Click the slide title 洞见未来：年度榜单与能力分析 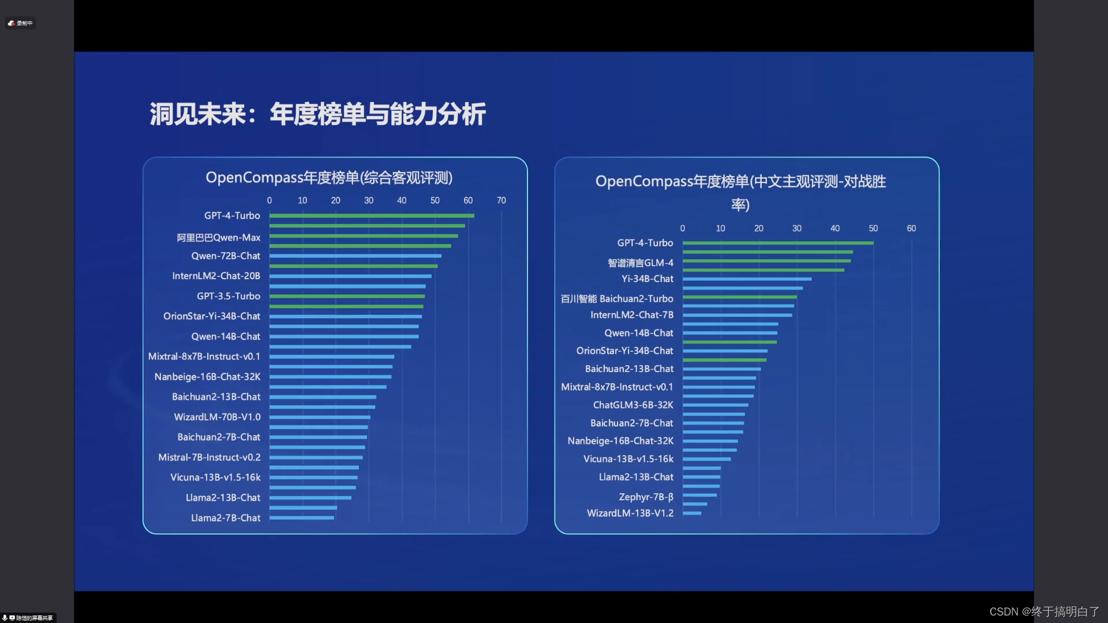tap(318, 114)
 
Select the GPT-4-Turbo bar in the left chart tap(372, 216)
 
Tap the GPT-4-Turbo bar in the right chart tap(778, 243)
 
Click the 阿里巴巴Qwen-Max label tap(219, 238)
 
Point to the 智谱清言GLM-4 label tap(641, 263)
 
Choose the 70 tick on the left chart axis tap(501, 200)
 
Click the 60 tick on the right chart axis tap(911, 228)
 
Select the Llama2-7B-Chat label tap(226, 518)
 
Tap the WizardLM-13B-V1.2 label tap(630, 513)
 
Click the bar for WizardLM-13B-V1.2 tap(692, 513)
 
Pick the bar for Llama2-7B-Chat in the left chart tap(302, 518)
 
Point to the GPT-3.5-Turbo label tap(229, 296)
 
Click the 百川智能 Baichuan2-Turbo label tap(617, 299)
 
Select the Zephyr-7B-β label tap(646, 497)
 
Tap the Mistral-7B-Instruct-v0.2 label tap(209, 457)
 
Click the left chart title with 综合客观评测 tap(329, 178)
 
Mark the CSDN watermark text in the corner tap(1045, 611)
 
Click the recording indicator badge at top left tap(21, 23)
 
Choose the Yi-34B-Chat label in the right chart tap(647, 279)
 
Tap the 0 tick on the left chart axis tap(269, 200)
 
